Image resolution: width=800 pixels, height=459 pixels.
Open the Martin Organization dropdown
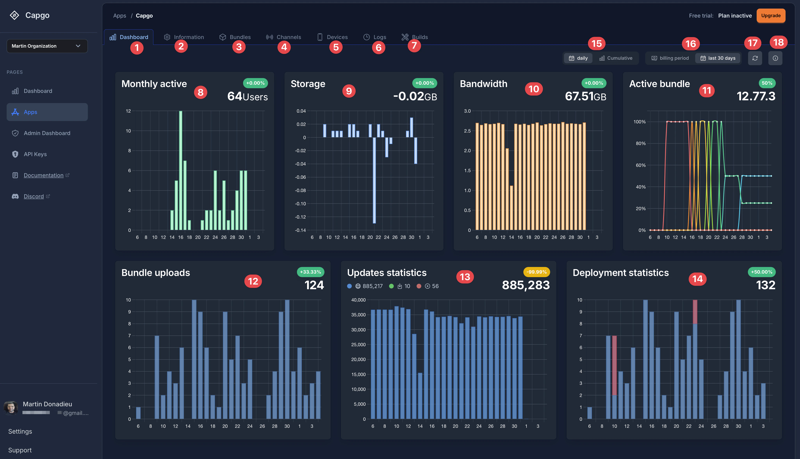pos(47,46)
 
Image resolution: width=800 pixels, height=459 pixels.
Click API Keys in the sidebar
pos(35,154)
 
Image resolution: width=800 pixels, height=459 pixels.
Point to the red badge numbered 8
pos(200,92)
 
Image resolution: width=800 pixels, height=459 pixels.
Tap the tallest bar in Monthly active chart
pos(181,170)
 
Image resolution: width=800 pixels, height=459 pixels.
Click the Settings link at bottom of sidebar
pos(20,431)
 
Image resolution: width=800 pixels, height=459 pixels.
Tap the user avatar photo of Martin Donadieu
pos(11,408)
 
